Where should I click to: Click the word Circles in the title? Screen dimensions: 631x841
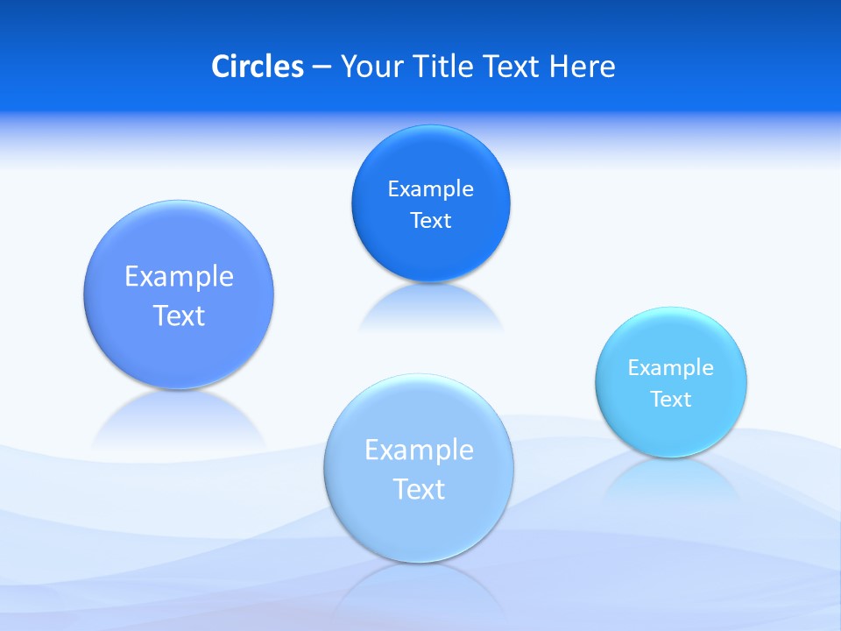pyautogui.click(x=257, y=67)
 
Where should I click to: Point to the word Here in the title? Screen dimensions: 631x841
pyautogui.click(x=583, y=67)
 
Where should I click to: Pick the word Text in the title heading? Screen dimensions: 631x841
pyautogui.click(x=513, y=67)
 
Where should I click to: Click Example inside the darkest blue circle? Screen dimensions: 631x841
pyautogui.click(x=430, y=188)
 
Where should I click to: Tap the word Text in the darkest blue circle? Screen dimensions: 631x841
pyautogui.click(x=430, y=220)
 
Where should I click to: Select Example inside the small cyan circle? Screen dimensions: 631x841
pyautogui.click(x=670, y=367)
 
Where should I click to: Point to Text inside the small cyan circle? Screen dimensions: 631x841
pyautogui.click(x=671, y=399)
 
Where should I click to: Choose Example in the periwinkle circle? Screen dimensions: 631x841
pyautogui.click(x=179, y=276)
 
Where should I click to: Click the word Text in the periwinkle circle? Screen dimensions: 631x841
pyautogui.click(x=179, y=315)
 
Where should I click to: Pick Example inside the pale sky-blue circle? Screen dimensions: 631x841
pyautogui.click(x=419, y=450)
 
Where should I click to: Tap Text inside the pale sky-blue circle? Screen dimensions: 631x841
pyautogui.click(x=419, y=489)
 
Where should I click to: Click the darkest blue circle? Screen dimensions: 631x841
pyautogui.click(x=430, y=254)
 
